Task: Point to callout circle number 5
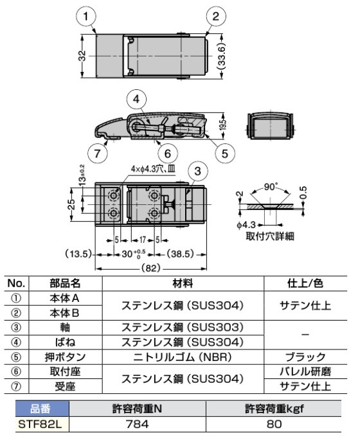pos(225,152)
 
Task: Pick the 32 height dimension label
pos(82,57)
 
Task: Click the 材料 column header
pos(183,282)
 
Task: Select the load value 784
pos(137,423)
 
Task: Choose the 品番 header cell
pos(37,409)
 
